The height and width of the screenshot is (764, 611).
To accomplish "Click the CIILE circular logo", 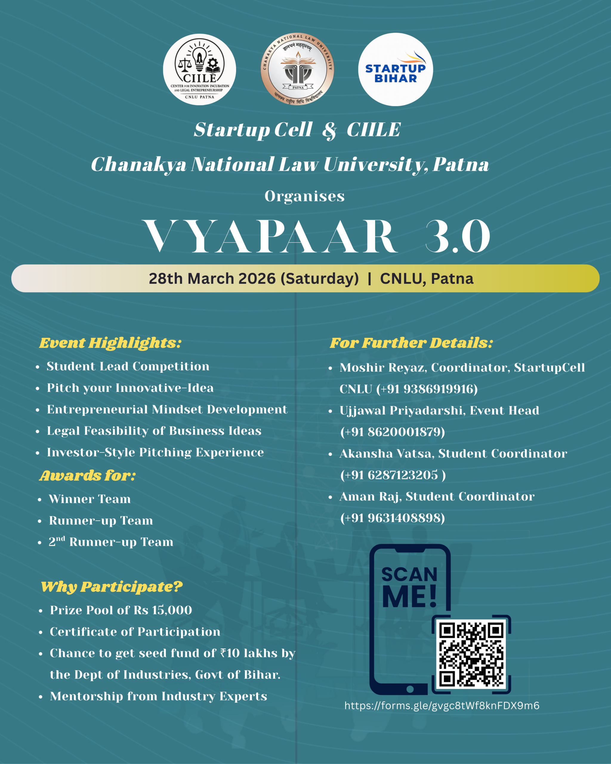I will coord(199,70).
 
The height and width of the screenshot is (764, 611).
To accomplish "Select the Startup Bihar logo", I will coord(395,70).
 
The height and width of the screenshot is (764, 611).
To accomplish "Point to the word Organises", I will coord(305,196).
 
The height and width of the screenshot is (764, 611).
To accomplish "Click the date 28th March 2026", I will coord(212,278).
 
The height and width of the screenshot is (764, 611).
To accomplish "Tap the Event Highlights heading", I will coord(110,343).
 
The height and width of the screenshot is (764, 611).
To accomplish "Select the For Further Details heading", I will coord(411,343).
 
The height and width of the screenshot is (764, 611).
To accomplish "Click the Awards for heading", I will coord(87,475).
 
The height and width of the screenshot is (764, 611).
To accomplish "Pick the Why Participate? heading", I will coord(112,587).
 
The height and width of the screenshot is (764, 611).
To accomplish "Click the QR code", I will coord(471,654).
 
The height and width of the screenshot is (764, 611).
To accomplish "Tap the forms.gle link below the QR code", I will coord(442,706).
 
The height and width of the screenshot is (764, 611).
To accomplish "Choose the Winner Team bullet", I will coord(90,499).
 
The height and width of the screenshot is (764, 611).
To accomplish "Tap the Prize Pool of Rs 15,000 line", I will coord(121,610).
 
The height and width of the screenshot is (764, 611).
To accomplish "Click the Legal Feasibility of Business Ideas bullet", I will coord(154,431).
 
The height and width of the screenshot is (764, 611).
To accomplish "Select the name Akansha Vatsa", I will coord(386,454).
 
